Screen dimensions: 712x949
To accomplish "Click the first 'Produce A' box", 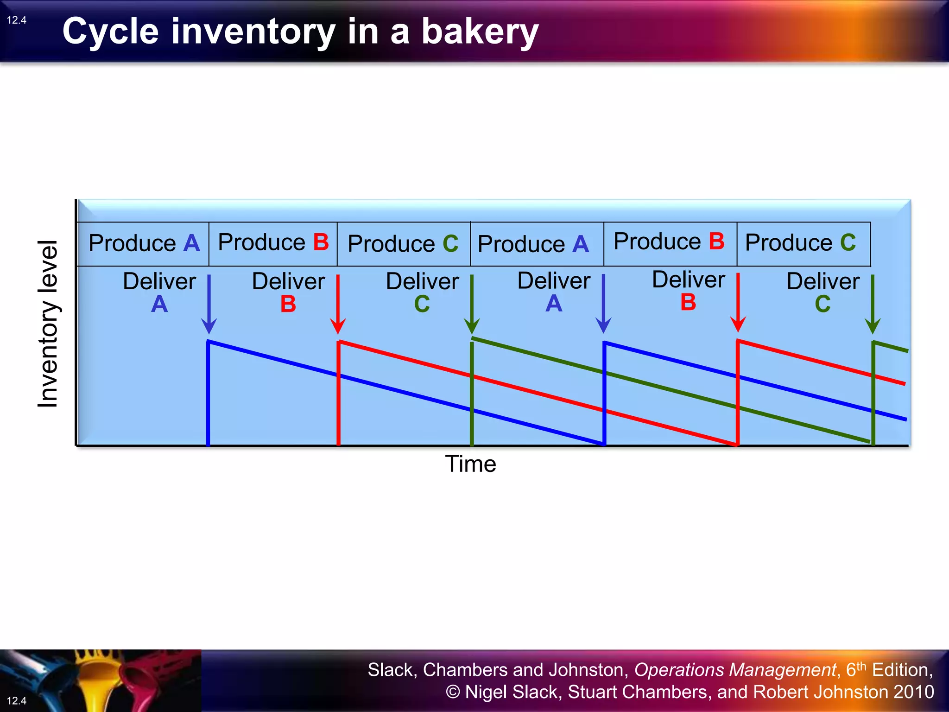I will click(x=143, y=244).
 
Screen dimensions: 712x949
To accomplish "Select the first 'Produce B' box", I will click(x=273, y=243).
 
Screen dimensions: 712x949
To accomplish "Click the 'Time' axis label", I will click(x=470, y=464).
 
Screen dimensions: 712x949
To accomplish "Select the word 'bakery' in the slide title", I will click(x=480, y=32).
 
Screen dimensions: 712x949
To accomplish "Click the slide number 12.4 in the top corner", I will click(x=17, y=20).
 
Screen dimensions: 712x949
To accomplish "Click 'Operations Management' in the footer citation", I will click(x=735, y=670).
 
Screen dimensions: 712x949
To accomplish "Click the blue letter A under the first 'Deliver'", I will click(x=159, y=305).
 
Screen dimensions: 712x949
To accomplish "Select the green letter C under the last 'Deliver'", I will click(x=823, y=305).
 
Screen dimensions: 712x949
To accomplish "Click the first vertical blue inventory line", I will click(x=208, y=394).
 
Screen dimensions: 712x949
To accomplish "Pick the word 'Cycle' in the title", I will click(x=111, y=32).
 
